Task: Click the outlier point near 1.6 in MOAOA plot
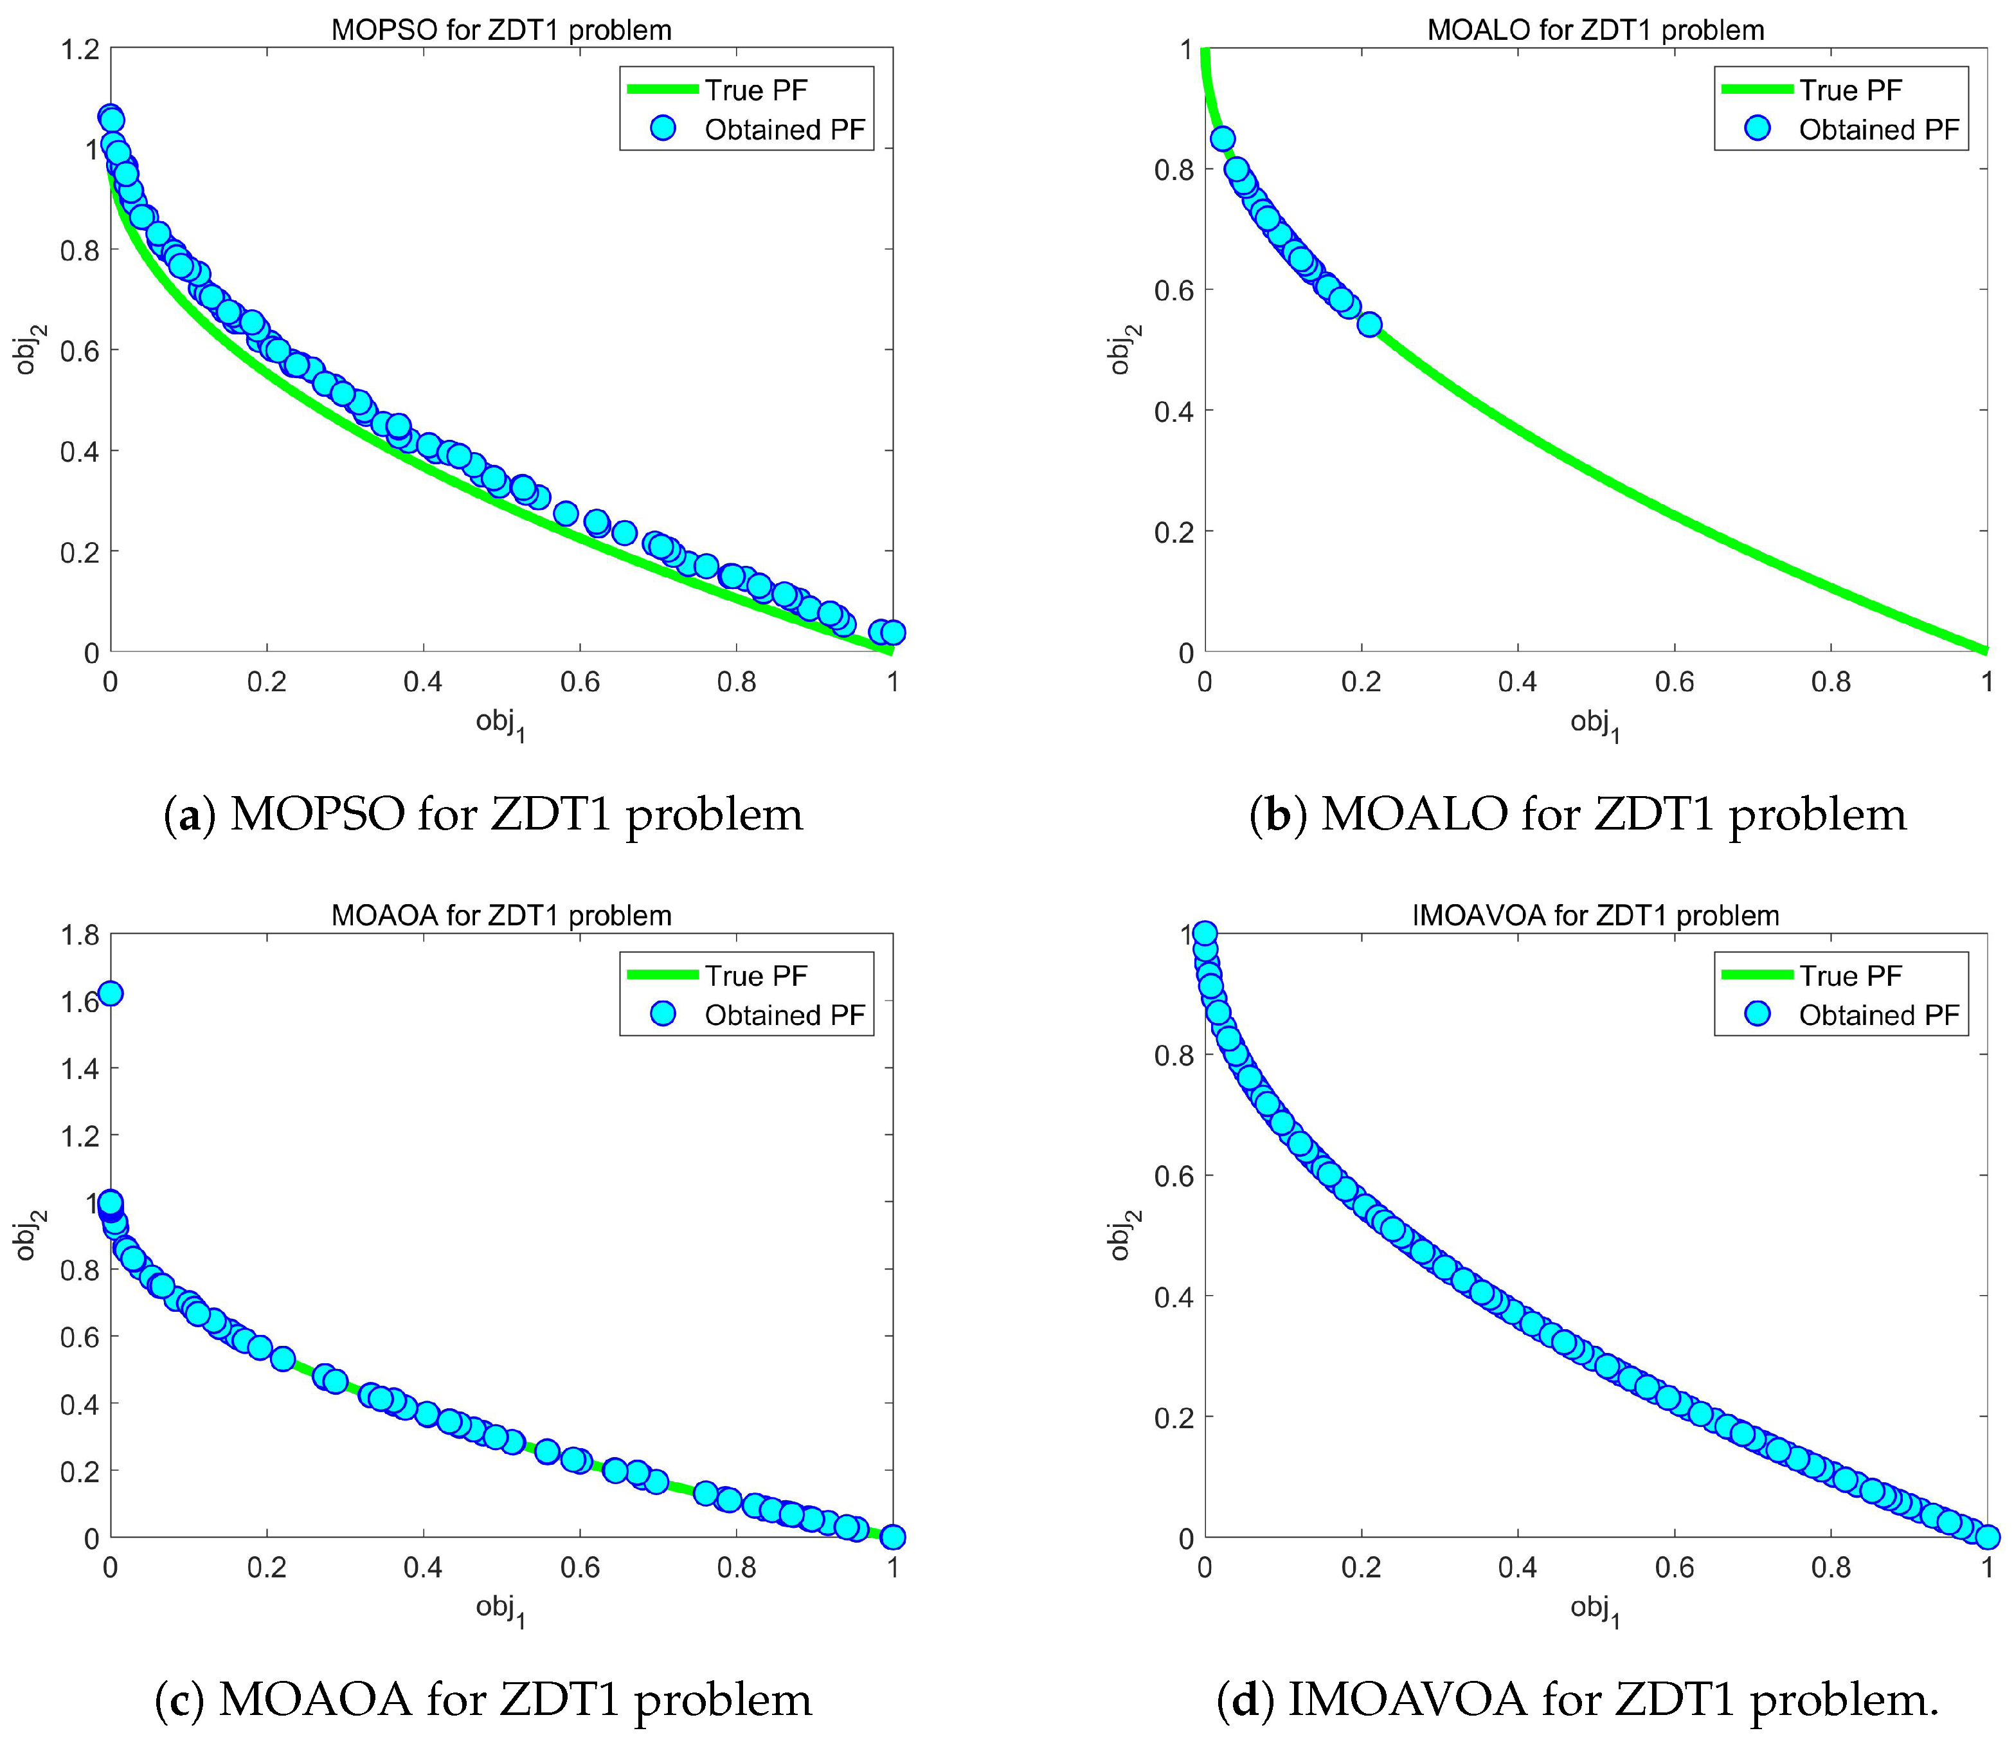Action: click(x=111, y=992)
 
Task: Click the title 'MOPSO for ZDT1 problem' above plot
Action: click(x=501, y=30)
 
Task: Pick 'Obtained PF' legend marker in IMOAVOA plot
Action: click(x=1756, y=1014)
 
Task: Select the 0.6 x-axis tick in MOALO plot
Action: click(x=1674, y=682)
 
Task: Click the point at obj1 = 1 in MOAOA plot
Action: click(x=892, y=1537)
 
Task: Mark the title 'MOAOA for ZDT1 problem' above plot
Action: click(x=501, y=915)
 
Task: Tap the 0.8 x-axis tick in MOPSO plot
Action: click(x=736, y=682)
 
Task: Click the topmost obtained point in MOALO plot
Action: click(x=1223, y=139)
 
